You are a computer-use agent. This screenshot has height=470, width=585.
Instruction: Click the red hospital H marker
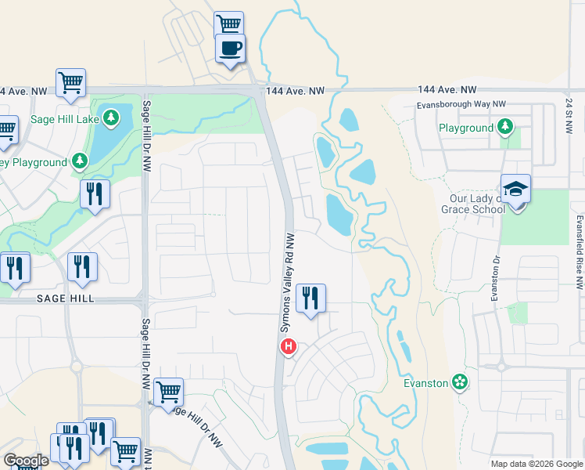click(x=289, y=346)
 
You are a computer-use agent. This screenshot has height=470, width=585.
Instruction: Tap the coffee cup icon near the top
click(x=230, y=49)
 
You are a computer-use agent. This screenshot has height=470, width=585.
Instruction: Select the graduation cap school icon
click(x=515, y=190)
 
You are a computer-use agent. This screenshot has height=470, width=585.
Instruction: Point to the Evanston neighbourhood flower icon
click(x=460, y=382)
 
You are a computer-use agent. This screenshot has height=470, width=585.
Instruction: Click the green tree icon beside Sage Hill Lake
click(x=112, y=118)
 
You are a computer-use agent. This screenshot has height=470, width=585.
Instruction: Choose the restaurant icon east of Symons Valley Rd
click(x=311, y=298)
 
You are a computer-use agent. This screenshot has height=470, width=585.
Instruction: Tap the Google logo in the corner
click(x=25, y=461)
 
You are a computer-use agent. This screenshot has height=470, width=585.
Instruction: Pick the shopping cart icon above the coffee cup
click(x=229, y=24)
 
